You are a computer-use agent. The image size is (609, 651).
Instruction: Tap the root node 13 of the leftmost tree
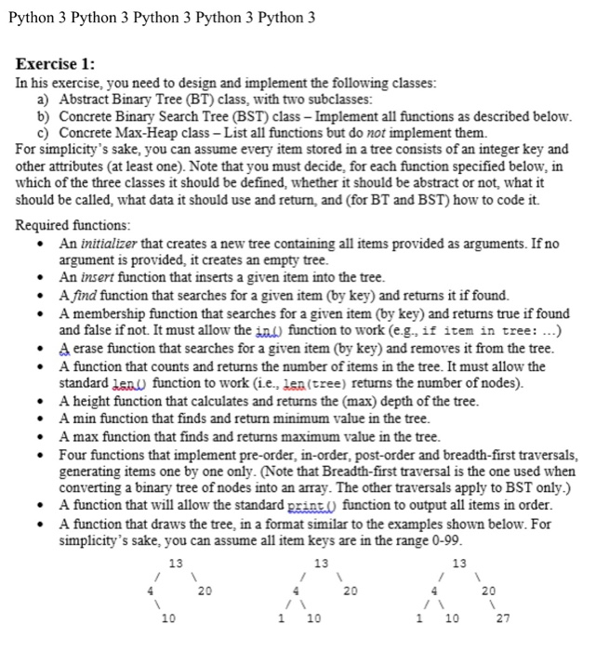pyautogui.click(x=175, y=563)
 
